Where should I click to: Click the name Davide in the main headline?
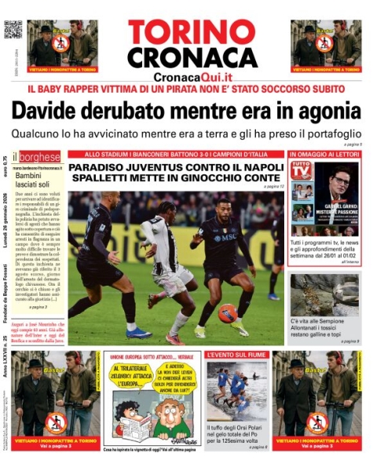click(49, 111)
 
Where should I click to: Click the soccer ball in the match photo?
click(228, 313)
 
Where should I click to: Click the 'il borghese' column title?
click(36, 156)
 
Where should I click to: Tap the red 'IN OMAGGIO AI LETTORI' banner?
click(325, 155)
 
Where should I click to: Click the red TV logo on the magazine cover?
click(301, 169)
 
